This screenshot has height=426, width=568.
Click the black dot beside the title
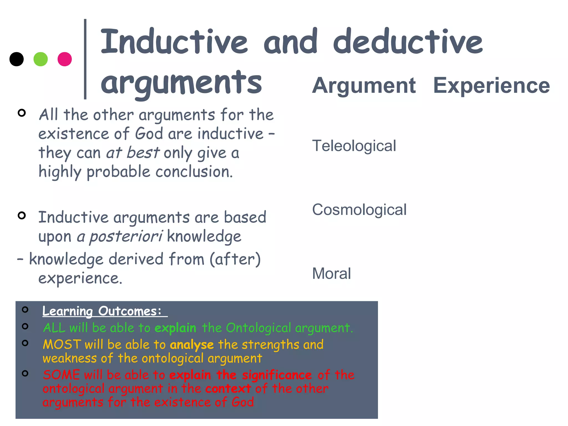(16, 59)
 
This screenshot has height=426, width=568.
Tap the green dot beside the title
(40, 59)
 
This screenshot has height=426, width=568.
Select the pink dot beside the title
(65, 59)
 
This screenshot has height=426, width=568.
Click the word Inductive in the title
(174, 42)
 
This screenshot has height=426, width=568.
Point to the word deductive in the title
(408, 42)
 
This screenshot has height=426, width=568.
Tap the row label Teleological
(354, 146)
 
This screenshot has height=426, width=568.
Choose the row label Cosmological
(359, 210)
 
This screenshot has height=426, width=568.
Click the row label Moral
(331, 273)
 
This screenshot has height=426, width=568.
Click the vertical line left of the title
(85, 59)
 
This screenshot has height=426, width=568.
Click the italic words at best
(133, 153)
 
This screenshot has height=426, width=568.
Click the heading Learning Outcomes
(102, 311)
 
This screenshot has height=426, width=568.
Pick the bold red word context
(228, 389)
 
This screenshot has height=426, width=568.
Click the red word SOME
(61, 375)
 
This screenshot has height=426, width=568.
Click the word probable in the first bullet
(118, 172)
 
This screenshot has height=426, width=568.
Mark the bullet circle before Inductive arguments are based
(22, 215)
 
